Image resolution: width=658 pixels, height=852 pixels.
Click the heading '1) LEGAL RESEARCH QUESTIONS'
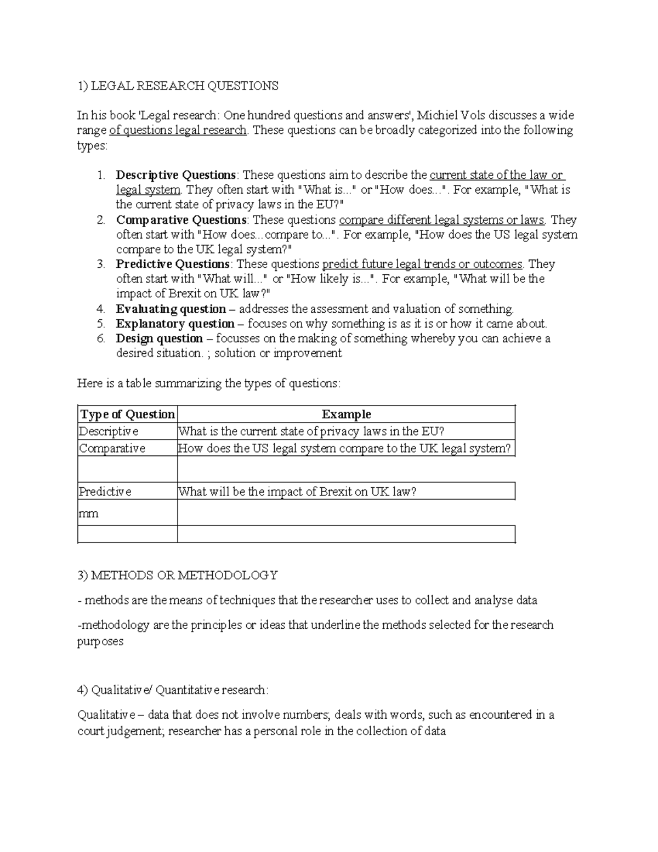[x=178, y=86]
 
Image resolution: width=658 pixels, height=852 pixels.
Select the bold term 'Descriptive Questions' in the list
[x=176, y=175]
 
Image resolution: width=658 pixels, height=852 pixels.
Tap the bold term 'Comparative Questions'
[x=181, y=220]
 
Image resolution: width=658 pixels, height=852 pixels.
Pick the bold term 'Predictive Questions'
[x=173, y=264]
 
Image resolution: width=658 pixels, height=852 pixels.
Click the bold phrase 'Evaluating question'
[x=171, y=309]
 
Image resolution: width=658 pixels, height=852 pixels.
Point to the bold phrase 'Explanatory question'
[x=175, y=324]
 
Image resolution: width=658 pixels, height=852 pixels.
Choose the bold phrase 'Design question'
[x=159, y=338]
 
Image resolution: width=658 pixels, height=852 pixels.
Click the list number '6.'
[x=101, y=338]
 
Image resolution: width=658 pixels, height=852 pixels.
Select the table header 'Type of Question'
[x=127, y=414]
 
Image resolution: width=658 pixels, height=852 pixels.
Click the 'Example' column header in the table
[x=346, y=414]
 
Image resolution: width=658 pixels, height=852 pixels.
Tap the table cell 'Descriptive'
[x=109, y=431]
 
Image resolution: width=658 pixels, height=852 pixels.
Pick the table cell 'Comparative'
[x=112, y=448]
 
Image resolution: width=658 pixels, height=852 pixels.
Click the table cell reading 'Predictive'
[x=105, y=492]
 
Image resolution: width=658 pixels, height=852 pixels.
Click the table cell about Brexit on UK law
[x=297, y=492]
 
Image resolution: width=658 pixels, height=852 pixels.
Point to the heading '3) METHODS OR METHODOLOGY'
[x=177, y=575]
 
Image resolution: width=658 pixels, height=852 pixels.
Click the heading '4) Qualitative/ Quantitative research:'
[x=173, y=690]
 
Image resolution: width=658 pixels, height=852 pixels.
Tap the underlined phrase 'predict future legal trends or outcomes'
[x=422, y=264]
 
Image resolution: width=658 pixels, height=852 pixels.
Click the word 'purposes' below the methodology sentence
[x=100, y=641]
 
